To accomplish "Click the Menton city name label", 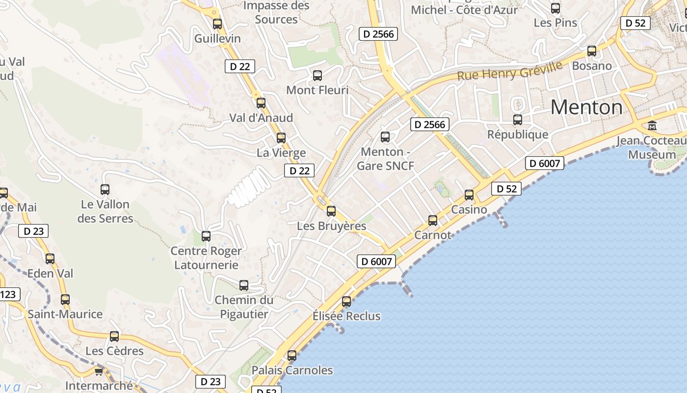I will [x=586, y=107].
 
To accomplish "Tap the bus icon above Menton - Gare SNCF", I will [x=385, y=137].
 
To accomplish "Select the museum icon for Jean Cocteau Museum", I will [x=652, y=126].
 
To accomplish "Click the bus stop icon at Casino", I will [x=469, y=195].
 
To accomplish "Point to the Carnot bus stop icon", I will [x=433, y=221].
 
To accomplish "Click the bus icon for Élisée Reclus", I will [x=346, y=302].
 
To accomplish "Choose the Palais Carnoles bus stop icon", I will [x=292, y=356].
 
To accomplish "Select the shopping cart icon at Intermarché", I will [x=99, y=371].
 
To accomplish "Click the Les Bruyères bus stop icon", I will [x=331, y=211].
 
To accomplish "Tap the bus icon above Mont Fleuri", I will [x=317, y=76].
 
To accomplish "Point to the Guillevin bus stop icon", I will [x=217, y=24].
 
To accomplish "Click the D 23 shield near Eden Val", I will [x=33, y=231].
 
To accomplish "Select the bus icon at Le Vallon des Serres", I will [x=105, y=190].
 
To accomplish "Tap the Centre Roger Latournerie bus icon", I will [x=206, y=236].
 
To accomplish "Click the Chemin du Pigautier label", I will [x=244, y=307].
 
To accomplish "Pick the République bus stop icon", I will [x=518, y=120].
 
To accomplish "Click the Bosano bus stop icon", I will [x=592, y=51].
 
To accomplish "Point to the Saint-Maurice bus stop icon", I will [x=65, y=299].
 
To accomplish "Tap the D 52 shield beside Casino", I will [x=506, y=189].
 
